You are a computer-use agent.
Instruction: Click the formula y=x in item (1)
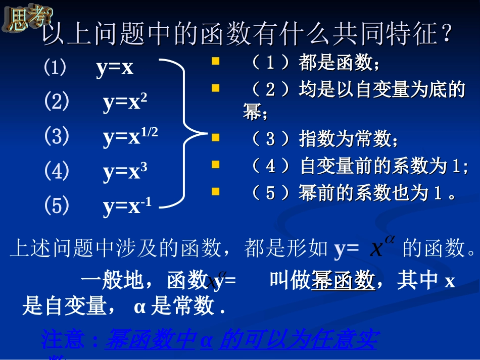tap(115, 68)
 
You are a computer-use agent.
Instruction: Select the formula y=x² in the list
tap(125, 102)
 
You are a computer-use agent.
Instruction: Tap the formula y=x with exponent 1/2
tap(130, 137)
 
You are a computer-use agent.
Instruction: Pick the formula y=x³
tap(125, 172)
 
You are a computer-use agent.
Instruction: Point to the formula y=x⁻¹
tap(127, 207)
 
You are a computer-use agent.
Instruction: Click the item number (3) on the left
tap(56, 137)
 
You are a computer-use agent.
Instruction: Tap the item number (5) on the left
tap(56, 206)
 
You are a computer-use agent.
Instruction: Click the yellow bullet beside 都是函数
tap(216, 62)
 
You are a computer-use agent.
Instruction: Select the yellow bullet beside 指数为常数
tap(216, 137)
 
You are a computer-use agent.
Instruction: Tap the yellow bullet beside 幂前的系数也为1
tap(216, 191)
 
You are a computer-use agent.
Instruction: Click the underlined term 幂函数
tap(343, 281)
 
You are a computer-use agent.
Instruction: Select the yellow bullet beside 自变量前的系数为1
tap(216, 165)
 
